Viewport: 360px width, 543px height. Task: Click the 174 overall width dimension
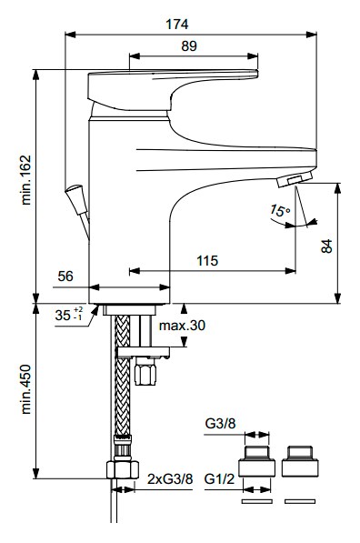[177, 25]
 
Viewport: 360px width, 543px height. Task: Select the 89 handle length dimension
[189, 46]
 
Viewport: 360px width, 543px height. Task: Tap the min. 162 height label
[26, 180]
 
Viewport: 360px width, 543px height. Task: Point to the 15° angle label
[280, 210]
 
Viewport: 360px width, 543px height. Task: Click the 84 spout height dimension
[326, 246]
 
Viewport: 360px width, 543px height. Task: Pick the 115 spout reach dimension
[207, 260]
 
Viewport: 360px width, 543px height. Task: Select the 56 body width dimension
[65, 277]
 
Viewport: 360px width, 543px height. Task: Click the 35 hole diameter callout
[69, 315]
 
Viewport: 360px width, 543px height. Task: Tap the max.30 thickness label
[182, 326]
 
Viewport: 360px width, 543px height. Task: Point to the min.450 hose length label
[26, 389]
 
